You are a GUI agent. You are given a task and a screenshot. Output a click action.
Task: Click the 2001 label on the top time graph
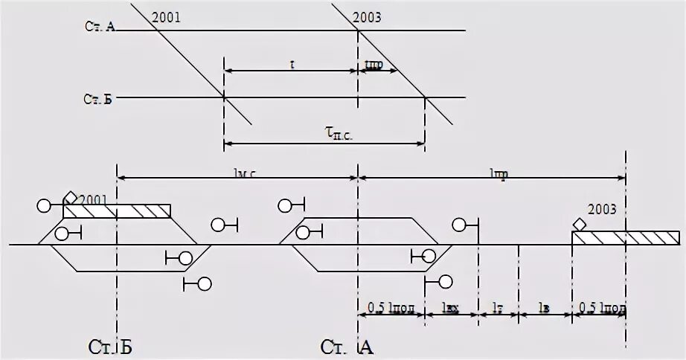tap(166, 17)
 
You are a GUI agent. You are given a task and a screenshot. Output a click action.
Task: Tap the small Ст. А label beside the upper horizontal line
tap(99, 26)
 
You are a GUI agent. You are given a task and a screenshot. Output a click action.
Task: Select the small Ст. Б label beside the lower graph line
tap(98, 99)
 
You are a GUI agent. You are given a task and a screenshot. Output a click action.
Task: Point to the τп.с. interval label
tap(339, 132)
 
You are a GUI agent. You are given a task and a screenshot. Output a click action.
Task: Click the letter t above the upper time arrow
tap(292, 65)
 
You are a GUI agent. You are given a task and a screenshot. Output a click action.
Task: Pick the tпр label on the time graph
tap(374, 65)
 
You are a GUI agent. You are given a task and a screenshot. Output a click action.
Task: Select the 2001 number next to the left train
tap(93, 199)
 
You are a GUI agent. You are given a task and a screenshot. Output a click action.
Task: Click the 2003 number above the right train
tap(601, 209)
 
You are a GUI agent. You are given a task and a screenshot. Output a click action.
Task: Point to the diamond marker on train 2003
tap(579, 224)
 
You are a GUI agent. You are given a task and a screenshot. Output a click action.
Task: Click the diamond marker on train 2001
tap(71, 198)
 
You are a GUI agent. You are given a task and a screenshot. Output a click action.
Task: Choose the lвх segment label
tap(449, 306)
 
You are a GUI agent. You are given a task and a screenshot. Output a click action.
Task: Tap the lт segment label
tap(498, 306)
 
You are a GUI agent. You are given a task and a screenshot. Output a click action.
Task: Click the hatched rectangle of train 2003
tap(625, 238)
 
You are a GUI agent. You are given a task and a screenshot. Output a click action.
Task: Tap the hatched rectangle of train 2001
tap(117, 211)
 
